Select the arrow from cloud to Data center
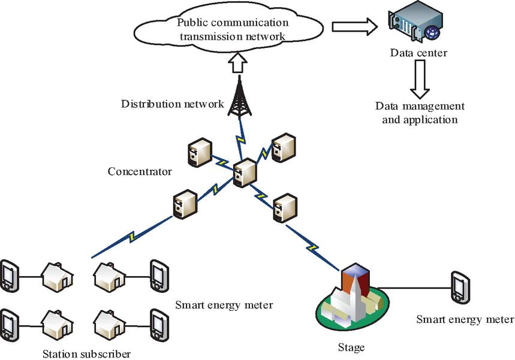pyautogui.click(x=354, y=26)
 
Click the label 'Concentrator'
pyautogui.click(x=140, y=172)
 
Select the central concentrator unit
pyautogui.click(x=245, y=172)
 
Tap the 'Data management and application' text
pyautogui.click(x=420, y=113)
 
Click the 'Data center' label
pyautogui.click(x=418, y=53)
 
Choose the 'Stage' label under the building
pyautogui.click(x=351, y=347)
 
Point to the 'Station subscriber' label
pyautogui.click(x=87, y=352)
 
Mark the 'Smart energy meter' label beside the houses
pyautogui.click(x=224, y=305)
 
